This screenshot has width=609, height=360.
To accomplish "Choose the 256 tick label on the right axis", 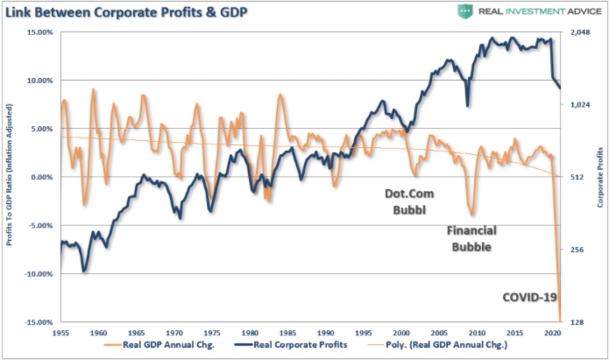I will [x=577, y=250].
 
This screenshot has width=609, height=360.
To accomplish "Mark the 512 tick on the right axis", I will [x=577, y=177].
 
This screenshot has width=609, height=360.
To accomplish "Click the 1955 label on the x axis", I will [x=60, y=334].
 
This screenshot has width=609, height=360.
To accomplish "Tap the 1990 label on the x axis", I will [x=325, y=334].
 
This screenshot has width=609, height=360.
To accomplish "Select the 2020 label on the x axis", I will [x=552, y=334].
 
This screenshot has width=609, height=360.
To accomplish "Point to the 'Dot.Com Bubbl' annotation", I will [x=410, y=201].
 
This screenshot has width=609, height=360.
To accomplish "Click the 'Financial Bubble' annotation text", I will [x=471, y=238].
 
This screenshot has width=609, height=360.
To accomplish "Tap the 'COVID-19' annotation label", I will [x=529, y=298].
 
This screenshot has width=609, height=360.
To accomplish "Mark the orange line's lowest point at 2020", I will [x=559, y=321].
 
